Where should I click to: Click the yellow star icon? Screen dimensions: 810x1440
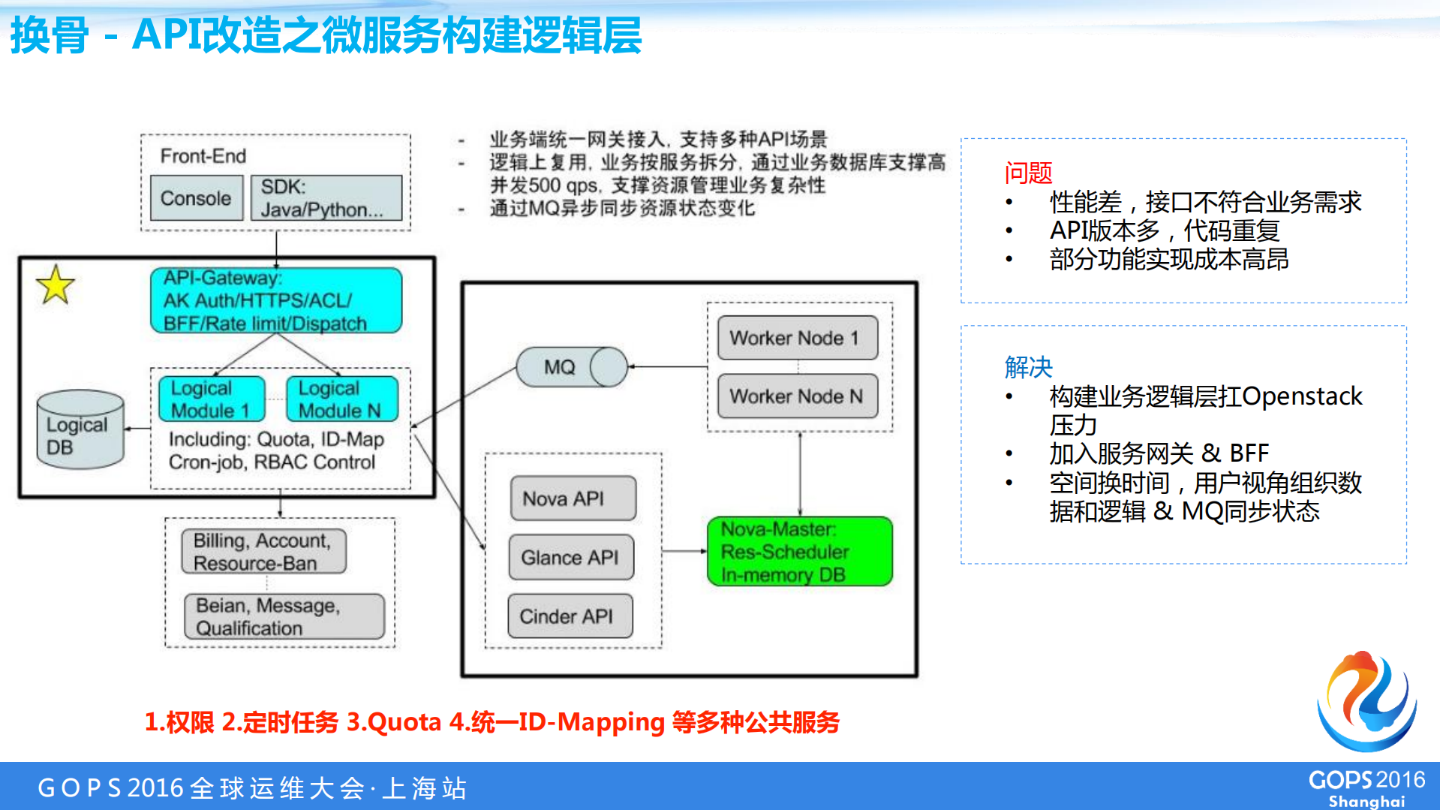(x=56, y=285)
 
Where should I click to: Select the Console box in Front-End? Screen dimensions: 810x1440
(x=196, y=198)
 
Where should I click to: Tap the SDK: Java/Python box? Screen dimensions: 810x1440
(x=326, y=198)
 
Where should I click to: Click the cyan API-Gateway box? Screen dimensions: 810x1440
(x=276, y=301)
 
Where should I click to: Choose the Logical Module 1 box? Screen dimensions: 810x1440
(x=212, y=399)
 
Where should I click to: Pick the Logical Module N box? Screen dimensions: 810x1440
(x=341, y=399)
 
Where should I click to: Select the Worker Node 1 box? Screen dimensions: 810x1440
(x=797, y=338)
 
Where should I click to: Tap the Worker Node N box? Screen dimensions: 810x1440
(x=797, y=396)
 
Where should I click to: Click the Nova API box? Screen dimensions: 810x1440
(x=573, y=498)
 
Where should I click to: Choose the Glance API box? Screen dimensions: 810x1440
(x=571, y=558)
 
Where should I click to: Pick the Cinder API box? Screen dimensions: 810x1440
(x=570, y=616)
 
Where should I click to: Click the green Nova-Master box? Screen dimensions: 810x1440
(x=800, y=552)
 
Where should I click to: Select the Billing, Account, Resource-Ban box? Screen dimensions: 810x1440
(x=263, y=552)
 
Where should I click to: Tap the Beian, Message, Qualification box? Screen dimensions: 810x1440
(x=284, y=616)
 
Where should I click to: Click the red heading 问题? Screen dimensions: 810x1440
(x=1028, y=173)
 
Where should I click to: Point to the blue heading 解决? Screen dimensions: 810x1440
(x=1028, y=367)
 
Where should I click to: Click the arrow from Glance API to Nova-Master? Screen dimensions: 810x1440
(x=684, y=551)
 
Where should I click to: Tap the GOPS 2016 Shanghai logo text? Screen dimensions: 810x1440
(x=1366, y=788)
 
